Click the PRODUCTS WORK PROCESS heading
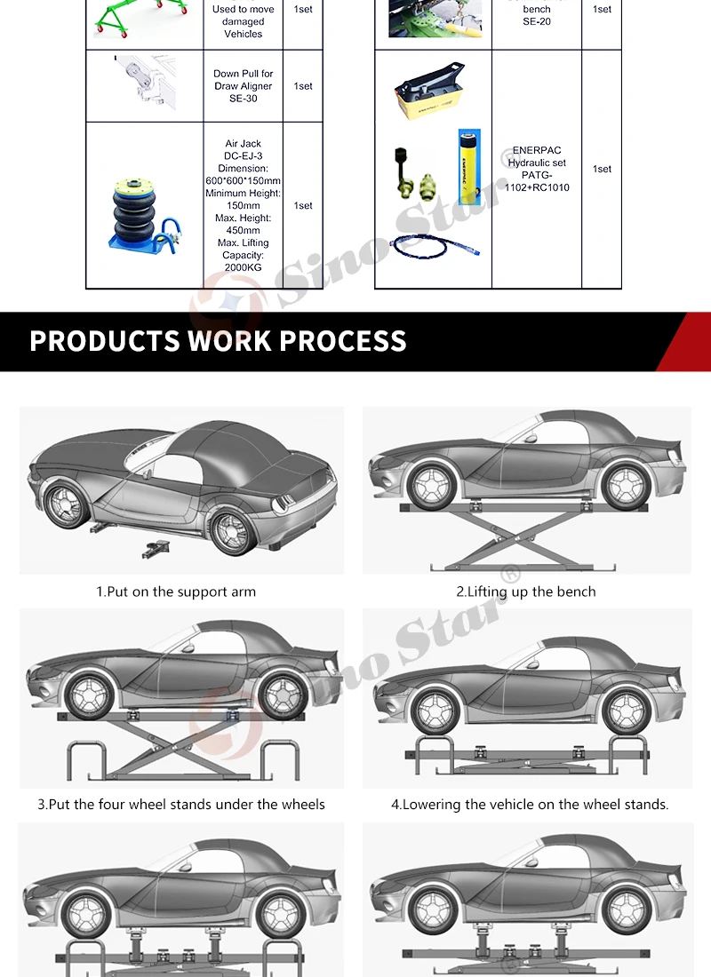[218, 341]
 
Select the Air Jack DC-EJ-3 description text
[243, 205]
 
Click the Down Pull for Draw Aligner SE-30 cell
[243, 86]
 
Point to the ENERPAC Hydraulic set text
[537, 169]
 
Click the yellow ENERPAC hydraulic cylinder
[468, 164]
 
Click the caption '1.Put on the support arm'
[176, 592]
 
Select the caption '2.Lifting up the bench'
[526, 592]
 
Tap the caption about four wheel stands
[181, 805]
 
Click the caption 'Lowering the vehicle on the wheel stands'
[530, 805]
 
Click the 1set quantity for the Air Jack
[303, 205]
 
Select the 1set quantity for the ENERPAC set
[602, 169]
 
